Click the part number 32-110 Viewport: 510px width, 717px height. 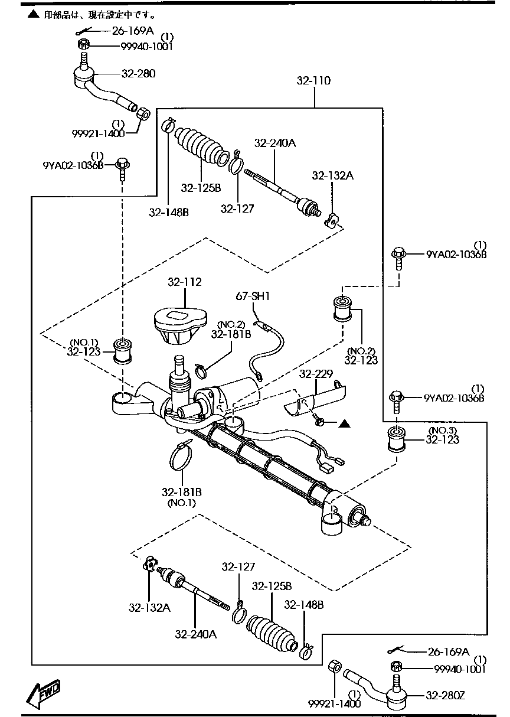tap(313, 81)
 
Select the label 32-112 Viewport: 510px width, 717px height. tap(184, 282)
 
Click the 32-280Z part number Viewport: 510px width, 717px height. tap(444, 695)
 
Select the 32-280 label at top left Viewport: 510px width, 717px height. tap(139, 74)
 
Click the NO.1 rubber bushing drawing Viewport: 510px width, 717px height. tap(122, 352)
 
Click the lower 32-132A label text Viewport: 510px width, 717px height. tap(150, 608)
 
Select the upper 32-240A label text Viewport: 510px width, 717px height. tap(275, 142)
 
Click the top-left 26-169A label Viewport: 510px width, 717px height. tap(133, 31)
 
